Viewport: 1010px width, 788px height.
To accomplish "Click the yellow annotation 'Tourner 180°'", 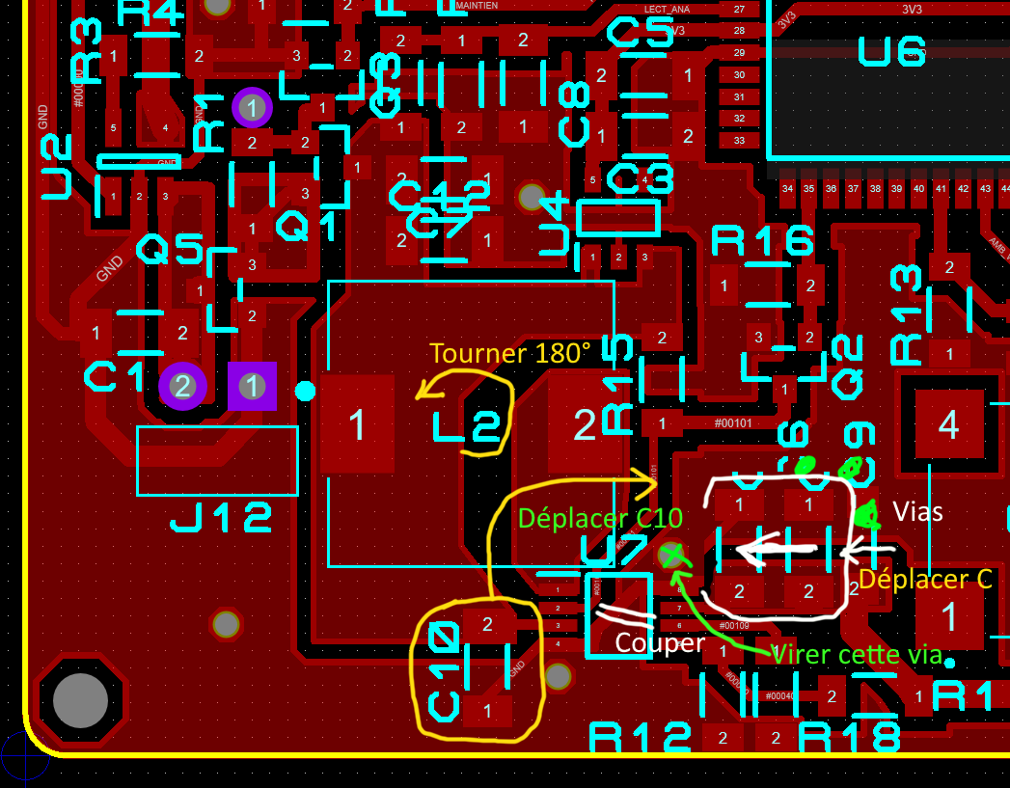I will tap(510, 353).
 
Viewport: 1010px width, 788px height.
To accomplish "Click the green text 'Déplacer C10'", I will tap(599, 518).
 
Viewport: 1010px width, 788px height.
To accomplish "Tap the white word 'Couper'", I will tap(659, 642).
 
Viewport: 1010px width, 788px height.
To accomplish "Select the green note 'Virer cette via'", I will tap(856, 654).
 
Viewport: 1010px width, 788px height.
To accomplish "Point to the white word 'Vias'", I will tap(918, 511).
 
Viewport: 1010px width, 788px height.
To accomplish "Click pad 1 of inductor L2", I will tap(358, 424).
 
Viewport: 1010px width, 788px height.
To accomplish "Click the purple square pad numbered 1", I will tap(252, 387).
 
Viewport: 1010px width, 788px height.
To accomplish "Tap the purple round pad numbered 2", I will tap(182, 387).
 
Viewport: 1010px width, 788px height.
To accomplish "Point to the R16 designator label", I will tap(762, 241).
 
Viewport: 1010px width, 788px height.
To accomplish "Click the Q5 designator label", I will tap(170, 251).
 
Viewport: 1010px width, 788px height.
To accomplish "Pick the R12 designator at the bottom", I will tap(641, 739).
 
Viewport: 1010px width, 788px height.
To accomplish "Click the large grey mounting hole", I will tap(80, 701).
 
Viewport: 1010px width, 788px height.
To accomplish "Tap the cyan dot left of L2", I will tap(305, 391).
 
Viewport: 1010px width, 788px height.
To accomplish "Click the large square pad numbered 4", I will tap(949, 424).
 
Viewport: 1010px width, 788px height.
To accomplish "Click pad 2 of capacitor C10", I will tap(487, 624).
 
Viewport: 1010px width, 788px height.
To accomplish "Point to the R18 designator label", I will tap(850, 738).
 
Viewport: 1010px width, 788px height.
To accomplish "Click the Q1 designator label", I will tap(307, 228).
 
